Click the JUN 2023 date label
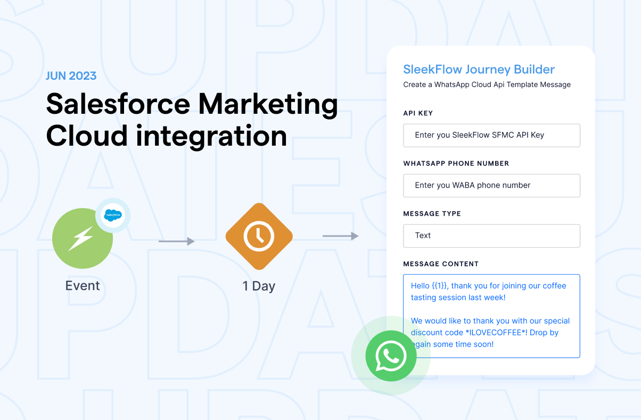[x=71, y=75]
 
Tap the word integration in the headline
[x=211, y=137]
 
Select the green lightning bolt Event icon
[x=83, y=238]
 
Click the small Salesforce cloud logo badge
[x=113, y=215]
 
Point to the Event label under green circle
[x=83, y=286]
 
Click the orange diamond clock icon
[x=259, y=237]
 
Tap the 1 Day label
[x=259, y=286]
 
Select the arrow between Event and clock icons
[x=177, y=241]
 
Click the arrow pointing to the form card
[x=341, y=236]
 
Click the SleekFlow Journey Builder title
[x=479, y=69]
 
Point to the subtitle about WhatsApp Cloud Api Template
[x=487, y=85]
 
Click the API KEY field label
[x=418, y=113]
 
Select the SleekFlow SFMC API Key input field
[x=491, y=135]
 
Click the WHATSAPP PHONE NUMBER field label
[x=456, y=163]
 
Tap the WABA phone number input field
[x=491, y=186]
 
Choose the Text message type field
[x=491, y=236]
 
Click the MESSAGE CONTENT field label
[x=441, y=264]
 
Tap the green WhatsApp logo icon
[x=390, y=356]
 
